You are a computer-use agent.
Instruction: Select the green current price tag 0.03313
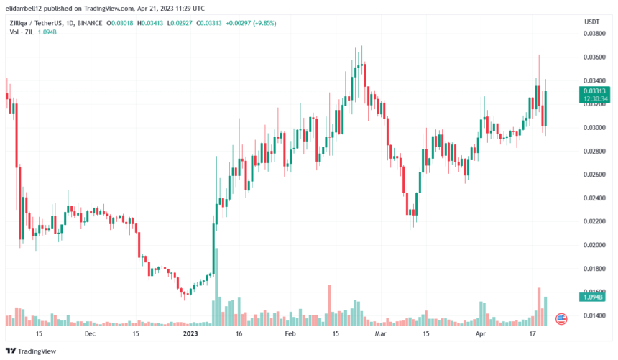click(596, 91)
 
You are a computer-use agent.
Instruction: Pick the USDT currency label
click(591, 22)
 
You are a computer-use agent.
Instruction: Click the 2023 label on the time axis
click(190, 334)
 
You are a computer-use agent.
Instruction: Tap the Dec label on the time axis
click(90, 334)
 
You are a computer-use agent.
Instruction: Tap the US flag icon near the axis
click(561, 318)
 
